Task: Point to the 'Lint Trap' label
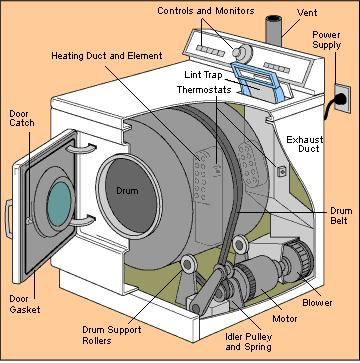coord(203,74)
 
